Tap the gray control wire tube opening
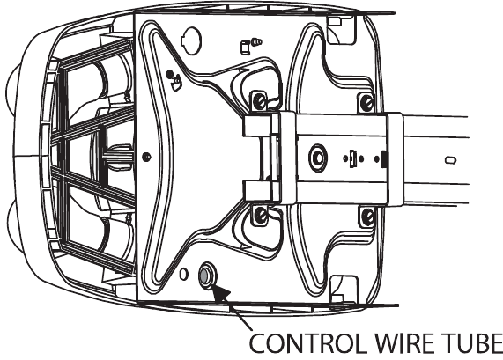[204, 275]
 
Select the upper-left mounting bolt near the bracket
[259, 101]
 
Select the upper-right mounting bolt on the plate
[366, 103]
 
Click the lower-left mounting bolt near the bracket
[260, 216]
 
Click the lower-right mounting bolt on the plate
[368, 217]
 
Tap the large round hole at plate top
[190, 40]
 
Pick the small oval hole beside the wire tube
[183, 274]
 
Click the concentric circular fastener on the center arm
[318, 158]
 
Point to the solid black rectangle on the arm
[384, 158]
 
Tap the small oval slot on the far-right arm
[450, 160]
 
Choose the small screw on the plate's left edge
[146, 157]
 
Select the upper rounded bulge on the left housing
[12, 91]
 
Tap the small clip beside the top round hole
[246, 48]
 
